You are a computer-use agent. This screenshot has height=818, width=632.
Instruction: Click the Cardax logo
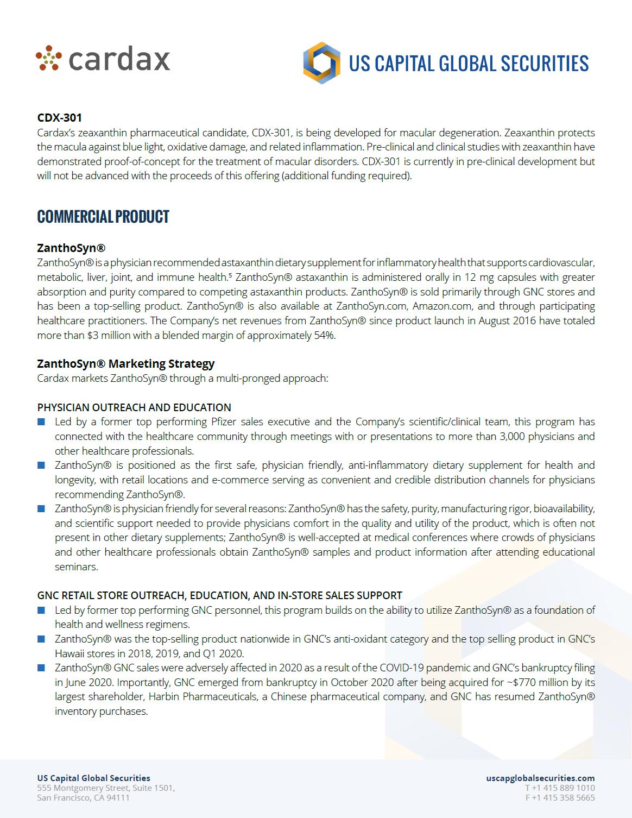[103, 59]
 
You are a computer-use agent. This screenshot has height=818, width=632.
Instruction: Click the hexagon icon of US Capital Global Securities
[321, 63]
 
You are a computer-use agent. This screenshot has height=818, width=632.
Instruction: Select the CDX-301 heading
[59, 117]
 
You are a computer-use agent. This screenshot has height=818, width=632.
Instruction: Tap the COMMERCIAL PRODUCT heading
[103, 217]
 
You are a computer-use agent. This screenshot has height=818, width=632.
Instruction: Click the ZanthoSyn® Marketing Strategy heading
[125, 363]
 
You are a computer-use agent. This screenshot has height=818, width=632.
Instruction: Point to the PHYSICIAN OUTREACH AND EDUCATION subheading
[134, 407]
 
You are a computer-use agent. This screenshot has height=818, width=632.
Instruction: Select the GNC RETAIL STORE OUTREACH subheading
[219, 595]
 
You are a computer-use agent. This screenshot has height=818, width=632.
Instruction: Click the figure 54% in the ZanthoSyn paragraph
[324, 335]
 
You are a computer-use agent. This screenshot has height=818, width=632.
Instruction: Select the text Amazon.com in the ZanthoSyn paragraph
[442, 306]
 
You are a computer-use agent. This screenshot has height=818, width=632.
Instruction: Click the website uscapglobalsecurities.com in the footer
[540, 778]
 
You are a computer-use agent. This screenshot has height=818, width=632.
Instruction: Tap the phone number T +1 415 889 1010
[560, 788]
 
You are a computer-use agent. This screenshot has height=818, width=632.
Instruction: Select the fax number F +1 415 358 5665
[560, 797]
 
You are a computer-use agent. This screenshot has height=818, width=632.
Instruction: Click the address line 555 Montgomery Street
[106, 788]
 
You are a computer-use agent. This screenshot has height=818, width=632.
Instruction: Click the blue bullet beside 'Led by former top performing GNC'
[41, 610]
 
